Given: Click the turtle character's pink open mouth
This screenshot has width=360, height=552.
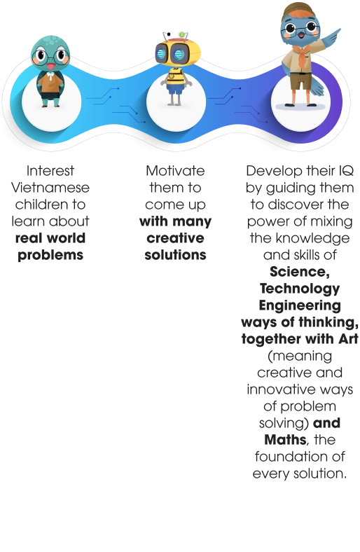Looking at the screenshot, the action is (x=50, y=66).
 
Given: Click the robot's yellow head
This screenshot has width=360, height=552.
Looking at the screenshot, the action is (x=178, y=53).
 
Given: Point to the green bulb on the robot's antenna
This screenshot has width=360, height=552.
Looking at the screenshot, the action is (x=182, y=34).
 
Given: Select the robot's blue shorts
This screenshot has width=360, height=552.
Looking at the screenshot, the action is (x=175, y=89).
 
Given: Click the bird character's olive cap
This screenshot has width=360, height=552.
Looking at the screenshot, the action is (x=299, y=9).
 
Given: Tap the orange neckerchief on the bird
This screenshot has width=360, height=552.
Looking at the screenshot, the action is (x=303, y=56).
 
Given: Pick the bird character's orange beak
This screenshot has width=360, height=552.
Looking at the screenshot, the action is (x=301, y=35).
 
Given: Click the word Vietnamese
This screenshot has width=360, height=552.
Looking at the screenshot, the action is (x=50, y=188).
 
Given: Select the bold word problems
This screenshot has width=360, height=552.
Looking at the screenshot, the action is (x=50, y=255).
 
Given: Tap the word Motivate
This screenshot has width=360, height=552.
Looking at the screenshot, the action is (x=175, y=171).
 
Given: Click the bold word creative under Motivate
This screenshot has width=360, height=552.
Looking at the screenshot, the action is (x=175, y=238).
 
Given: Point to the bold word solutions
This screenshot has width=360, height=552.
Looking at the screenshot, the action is (x=175, y=255).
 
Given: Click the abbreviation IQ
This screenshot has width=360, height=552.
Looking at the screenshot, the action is (x=346, y=171).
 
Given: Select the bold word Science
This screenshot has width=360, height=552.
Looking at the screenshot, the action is (x=300, y=272).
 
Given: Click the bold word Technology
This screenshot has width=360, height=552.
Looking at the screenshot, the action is (x=300, y=289).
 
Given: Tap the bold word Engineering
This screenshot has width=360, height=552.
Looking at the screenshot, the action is (x=300, y=305).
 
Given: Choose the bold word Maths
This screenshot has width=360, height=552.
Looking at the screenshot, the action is (x=285, y=440).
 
